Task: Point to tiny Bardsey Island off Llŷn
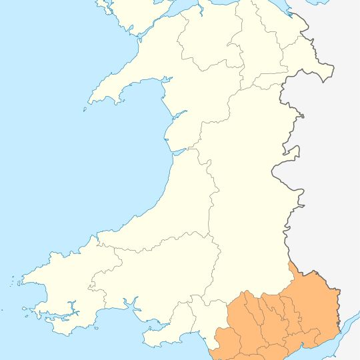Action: tap(85, 111)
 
